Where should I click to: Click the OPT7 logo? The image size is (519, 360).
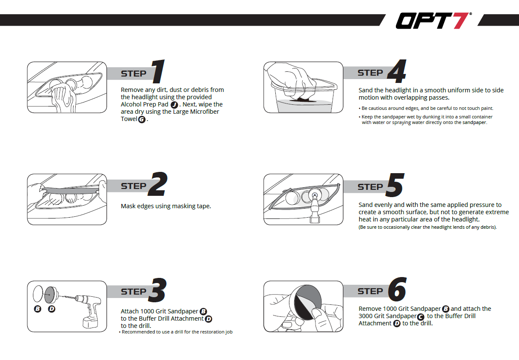433,21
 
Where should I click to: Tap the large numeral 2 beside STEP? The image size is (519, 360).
159,185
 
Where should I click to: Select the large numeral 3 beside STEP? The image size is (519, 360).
159,290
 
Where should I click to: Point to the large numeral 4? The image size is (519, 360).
396,71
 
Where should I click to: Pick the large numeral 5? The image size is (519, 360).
395,186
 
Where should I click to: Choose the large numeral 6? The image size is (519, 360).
397,290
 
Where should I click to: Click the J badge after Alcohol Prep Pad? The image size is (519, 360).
174,105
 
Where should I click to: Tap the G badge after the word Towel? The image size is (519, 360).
142,120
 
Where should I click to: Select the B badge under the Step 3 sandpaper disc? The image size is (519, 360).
38,309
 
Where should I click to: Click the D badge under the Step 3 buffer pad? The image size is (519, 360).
52,309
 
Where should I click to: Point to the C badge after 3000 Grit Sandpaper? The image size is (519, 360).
420,316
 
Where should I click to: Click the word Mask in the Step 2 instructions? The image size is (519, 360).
128,206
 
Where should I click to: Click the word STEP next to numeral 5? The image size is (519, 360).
370,187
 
